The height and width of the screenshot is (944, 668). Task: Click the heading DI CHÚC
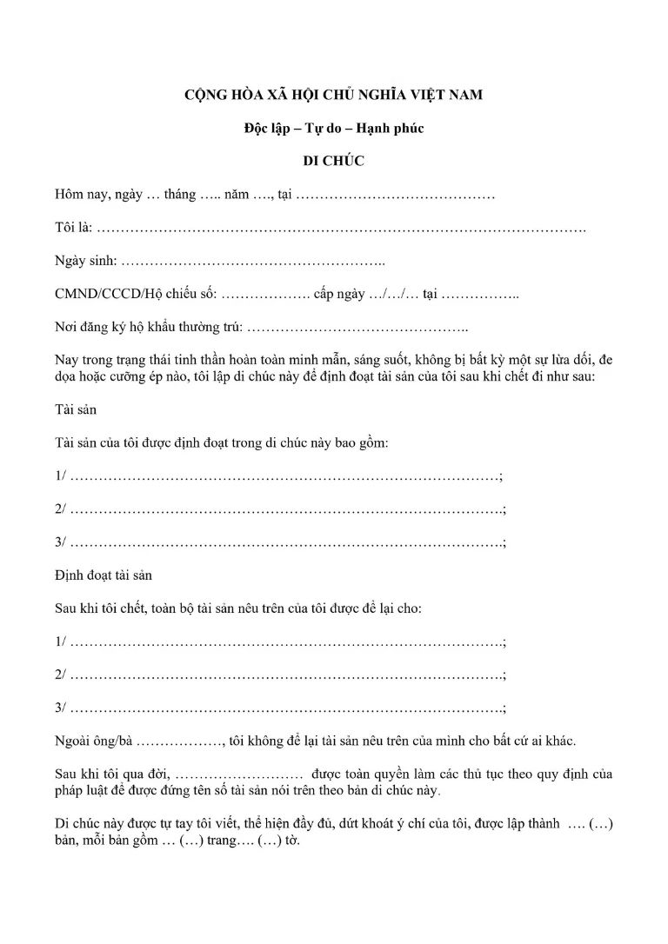pos(333,161)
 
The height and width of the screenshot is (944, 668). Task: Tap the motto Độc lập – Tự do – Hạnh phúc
pos(333,128)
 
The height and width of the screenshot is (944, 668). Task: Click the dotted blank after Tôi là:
pos(339,229)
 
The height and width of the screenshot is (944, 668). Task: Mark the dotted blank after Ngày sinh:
pos(252,262)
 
